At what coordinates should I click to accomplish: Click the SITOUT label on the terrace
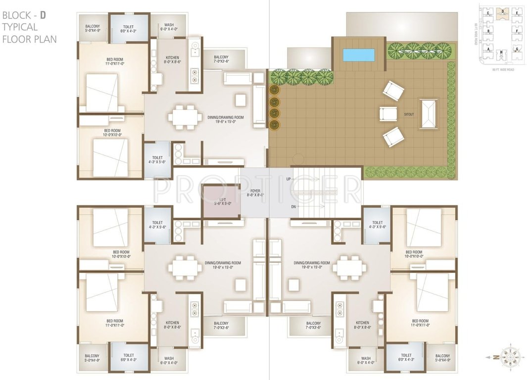click(x=409, y=114)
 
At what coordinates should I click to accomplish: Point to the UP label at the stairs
click(x=288, y=179)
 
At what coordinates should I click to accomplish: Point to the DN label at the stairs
click(x=293, y=206)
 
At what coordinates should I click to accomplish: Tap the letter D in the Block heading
click(x=43, y=15)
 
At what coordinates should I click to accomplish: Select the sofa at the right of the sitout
click(x=429, y=114)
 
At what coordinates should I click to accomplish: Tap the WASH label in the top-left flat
click(x=169, y=25)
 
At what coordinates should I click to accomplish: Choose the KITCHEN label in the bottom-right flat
click(x=362, y=325)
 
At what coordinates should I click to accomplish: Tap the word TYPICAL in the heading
click(x=19, y=27)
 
